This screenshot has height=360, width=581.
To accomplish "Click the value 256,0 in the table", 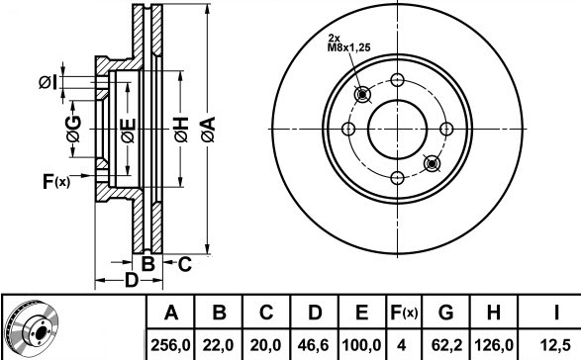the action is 170,345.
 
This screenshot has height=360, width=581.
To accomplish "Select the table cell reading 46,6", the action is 314,345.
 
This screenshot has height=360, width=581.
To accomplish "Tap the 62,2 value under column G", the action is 446,345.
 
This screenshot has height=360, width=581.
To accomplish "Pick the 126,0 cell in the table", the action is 494,345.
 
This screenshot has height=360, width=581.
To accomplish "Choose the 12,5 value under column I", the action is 555,345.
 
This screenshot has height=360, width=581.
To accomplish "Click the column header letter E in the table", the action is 361,313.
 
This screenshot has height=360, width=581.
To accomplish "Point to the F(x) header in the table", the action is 404,313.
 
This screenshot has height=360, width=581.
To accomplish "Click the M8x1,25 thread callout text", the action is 348,47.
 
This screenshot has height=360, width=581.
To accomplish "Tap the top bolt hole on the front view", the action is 397,80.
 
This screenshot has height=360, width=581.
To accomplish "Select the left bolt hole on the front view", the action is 348,129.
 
